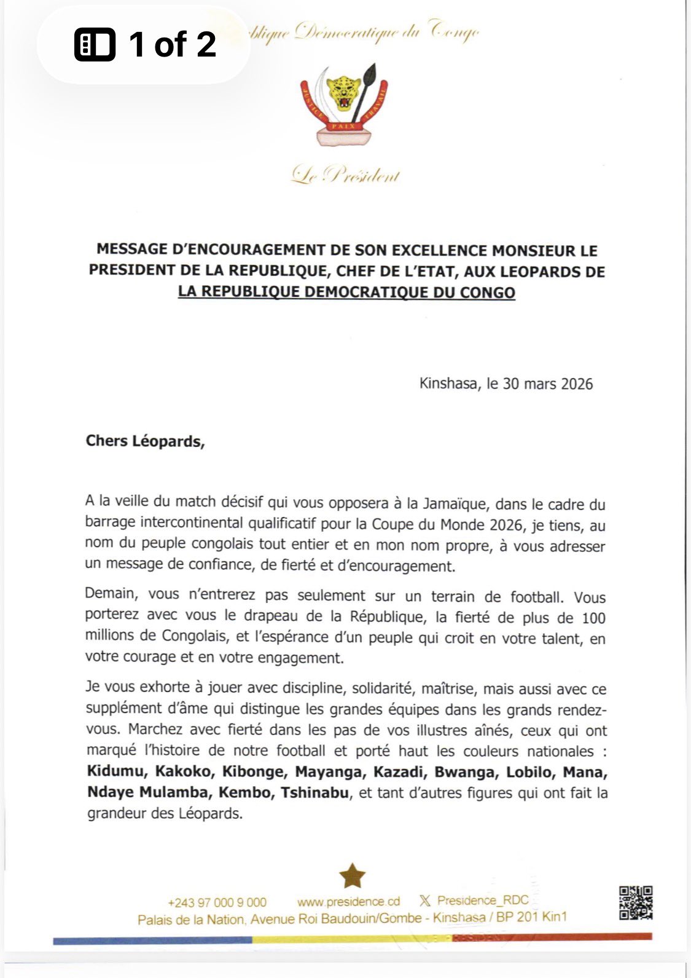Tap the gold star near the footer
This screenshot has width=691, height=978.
[x=352, y=876]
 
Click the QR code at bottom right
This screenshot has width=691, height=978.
[x=635, y=902]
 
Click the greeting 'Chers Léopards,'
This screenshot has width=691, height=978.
[x=145, y=441]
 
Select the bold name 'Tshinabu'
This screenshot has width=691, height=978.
[x=314, y=792]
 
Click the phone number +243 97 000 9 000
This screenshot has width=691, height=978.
[x=217, y=902]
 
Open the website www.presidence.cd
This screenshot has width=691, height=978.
[x=348, y=902]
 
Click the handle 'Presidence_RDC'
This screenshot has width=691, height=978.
[x=483, y=901]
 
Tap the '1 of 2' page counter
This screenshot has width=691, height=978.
[x=146, y=44]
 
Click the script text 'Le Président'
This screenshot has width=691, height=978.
[x=346, y=176]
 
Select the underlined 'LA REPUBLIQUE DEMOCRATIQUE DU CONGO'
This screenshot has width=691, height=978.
[x=346, y=292]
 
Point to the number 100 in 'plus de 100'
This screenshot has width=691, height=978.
[x=593, y=618]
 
